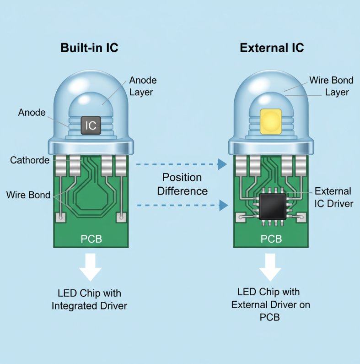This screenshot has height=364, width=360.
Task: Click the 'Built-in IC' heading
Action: pos(89,48)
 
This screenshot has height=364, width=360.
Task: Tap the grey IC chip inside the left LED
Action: pos(91,125)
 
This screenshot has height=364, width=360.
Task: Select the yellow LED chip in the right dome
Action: pos(271,122)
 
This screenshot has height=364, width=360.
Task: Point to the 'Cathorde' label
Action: pos(30,160)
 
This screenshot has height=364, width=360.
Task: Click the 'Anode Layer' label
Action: pos(143,86)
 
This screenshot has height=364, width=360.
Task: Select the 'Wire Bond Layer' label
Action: pos(331,86)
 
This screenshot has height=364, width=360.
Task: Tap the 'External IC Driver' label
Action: pos(333,197)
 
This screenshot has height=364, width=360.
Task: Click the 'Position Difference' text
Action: pos(182,184)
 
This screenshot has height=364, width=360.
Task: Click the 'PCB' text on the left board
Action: pos(91,239)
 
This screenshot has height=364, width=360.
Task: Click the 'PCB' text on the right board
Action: pos(271,239)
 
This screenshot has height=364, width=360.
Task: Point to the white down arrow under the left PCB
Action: pos(91,267)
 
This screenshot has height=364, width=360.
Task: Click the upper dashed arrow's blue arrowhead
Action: pos(223,163)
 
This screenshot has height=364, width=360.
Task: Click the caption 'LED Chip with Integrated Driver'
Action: pos(90,299)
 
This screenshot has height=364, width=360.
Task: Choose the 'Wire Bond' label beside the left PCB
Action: pos(28,195)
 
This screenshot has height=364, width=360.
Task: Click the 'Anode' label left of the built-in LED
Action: pos(32,112)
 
